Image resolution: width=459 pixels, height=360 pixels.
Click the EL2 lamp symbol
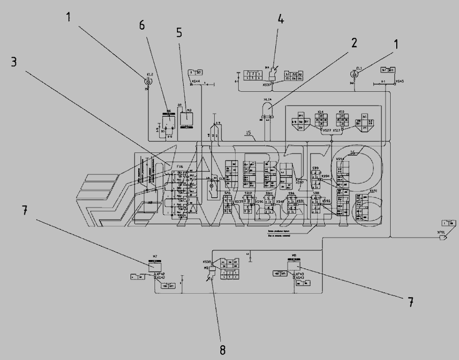pos(148,81)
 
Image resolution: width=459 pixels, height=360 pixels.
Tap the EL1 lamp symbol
pos(359,73)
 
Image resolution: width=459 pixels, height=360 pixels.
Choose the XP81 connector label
pos(441,232)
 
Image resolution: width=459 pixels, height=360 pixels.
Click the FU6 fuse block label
pos(180,166)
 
